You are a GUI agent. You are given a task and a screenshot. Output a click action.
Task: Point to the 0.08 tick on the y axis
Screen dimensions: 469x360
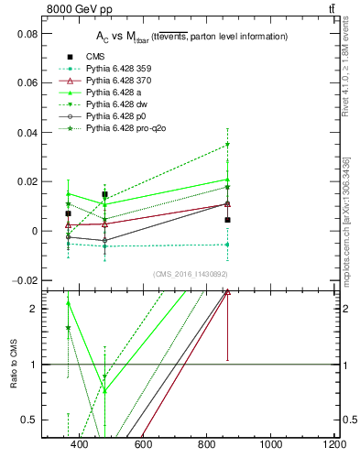(x=28, y=33)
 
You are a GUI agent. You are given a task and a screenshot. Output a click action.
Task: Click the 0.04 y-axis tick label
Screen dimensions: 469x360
(x=28, y=132)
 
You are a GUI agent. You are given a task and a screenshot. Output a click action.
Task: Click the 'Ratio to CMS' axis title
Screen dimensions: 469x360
(x=14, y=365)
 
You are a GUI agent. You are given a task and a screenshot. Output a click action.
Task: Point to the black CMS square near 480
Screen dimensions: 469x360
(x=105, y=194)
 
